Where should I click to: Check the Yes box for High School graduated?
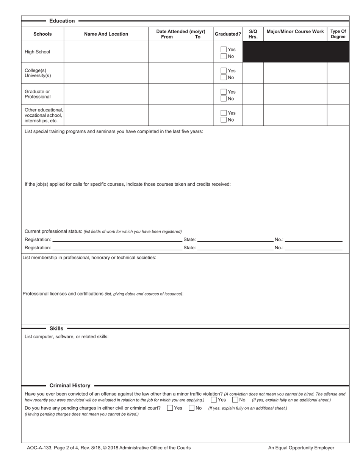224,49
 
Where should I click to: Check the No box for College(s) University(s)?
224,78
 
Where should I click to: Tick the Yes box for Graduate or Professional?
224,92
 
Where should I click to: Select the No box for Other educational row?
224,120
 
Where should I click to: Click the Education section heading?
62,21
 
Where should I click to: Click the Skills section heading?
56,328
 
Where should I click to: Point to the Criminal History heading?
70,385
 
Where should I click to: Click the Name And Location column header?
106,34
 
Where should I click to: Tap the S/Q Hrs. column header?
253,34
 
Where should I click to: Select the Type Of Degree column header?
338,34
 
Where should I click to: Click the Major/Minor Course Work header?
295,31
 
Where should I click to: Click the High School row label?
37,52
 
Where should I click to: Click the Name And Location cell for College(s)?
106,73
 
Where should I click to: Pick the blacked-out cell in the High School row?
296,52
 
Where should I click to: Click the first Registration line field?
117,239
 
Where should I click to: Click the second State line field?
235,247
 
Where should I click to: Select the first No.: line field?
313,239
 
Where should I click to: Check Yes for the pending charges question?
170,408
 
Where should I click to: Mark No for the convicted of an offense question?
235,400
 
